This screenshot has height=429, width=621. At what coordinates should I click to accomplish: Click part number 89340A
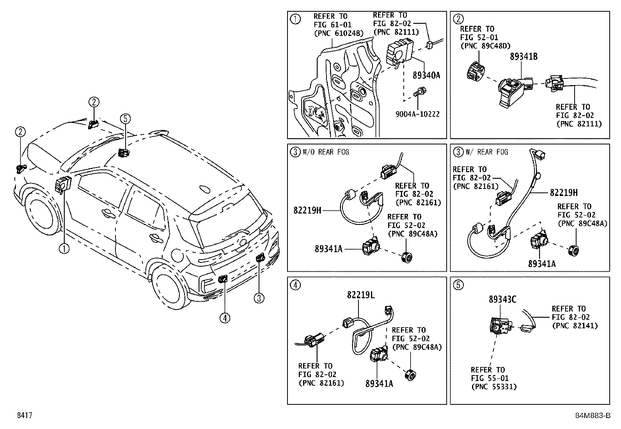[426, 75]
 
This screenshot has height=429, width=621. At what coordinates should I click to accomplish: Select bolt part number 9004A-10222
[418, 114]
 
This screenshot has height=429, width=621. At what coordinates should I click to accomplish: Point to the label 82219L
[361, 295]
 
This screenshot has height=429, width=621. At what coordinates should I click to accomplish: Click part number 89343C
[502, 299]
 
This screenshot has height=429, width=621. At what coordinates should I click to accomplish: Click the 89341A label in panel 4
[379, 384]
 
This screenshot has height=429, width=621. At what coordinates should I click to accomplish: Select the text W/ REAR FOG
[487, 152]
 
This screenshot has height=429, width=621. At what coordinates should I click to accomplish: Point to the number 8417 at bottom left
[24, 415]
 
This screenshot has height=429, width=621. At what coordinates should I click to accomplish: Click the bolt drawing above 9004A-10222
[418, 93]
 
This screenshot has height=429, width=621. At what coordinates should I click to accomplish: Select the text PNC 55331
[494, 387]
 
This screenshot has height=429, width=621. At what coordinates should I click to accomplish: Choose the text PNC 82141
[575, 326]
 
